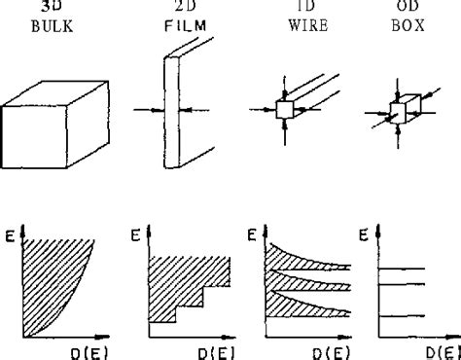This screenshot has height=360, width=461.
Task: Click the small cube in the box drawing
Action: [x=398, y=110]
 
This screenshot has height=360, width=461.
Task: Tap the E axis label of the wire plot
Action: [x=250, y=234]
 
